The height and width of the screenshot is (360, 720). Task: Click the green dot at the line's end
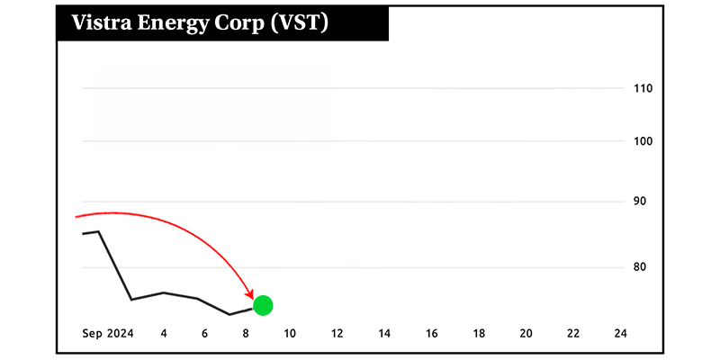click(x=263, y=305)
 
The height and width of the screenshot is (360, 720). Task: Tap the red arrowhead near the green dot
click(x=249, y=295)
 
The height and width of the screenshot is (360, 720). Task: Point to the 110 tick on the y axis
click(x=643, y=88)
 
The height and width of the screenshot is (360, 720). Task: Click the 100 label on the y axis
click(x=643, y=141)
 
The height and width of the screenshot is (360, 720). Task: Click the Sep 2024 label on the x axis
click(x=108, y=333)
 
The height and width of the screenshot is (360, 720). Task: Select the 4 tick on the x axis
click(x=164, y=333)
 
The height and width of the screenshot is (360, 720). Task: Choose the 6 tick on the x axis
click(x=205, y=333)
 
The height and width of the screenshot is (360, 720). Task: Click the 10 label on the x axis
click(x=290, y=333)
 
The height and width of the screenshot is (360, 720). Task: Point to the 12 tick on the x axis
click(x=337, y=333)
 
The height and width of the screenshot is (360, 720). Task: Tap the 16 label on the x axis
click(x=431, y=333)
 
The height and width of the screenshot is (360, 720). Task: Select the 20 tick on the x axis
click(x=526, y=333)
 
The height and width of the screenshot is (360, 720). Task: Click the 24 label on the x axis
click(x=620, y=333)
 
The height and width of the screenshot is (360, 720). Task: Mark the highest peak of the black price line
click(x=98, y=231)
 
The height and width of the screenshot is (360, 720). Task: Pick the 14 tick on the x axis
click(x=384, y=333)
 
